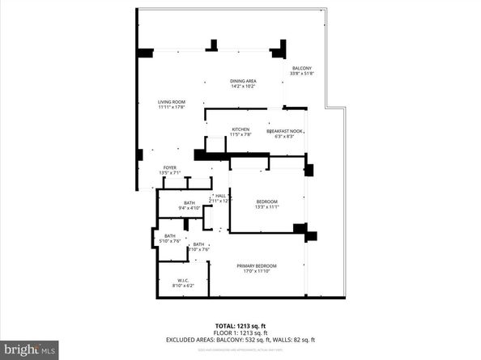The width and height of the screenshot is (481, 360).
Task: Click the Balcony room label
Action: [302, 68]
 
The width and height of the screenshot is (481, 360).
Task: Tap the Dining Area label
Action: [243, 81]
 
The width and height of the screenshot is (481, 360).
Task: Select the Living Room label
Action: [172, 101]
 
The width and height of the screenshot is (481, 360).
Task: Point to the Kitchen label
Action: [240, 129]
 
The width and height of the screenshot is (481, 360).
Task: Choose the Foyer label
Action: [169, 167]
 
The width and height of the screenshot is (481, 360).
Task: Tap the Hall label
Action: [220, 195]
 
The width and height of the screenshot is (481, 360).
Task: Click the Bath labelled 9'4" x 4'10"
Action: [189, 203]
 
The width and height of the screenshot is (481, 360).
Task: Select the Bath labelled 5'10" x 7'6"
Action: [170, 235]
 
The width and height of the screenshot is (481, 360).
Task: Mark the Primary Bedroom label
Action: [257, 266]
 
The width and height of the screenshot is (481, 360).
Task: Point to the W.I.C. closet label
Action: [183, 280]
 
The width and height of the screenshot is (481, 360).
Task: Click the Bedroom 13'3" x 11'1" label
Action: [267, 201]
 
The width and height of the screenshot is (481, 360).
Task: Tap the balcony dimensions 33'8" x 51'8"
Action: [302, 74]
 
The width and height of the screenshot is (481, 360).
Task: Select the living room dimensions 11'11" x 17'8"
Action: [172, 107]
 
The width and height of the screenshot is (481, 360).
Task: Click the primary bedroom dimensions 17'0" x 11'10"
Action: [257, 272]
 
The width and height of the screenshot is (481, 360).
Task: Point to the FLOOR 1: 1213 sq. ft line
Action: [240, 332]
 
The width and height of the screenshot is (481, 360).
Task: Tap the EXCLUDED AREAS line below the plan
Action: [240, 340]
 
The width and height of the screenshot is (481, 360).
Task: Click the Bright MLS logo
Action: [30, 349]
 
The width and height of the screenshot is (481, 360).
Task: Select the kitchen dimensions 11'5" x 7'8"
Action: [240, 135]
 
